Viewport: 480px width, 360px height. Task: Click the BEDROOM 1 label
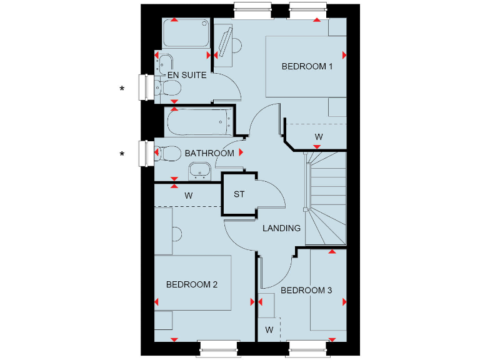(x=307, y=66)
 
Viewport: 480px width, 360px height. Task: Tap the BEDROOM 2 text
(x=192, y=284)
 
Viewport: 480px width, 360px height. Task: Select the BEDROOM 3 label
(x=306, y=290)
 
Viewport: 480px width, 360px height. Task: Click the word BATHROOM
(x=209, y=153)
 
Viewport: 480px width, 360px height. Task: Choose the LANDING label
(x=281, y=228)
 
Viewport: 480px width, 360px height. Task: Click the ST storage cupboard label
(x=239, y=194)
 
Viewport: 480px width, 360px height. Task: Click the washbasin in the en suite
(x=165, y=64)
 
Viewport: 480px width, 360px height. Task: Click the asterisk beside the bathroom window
(x=122, y=154)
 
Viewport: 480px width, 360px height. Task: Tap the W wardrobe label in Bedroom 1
(x=318, y=136)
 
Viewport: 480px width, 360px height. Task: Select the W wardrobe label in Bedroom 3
(x=270, y=329)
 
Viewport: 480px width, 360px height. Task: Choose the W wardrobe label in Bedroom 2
(x=188, y=196)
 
